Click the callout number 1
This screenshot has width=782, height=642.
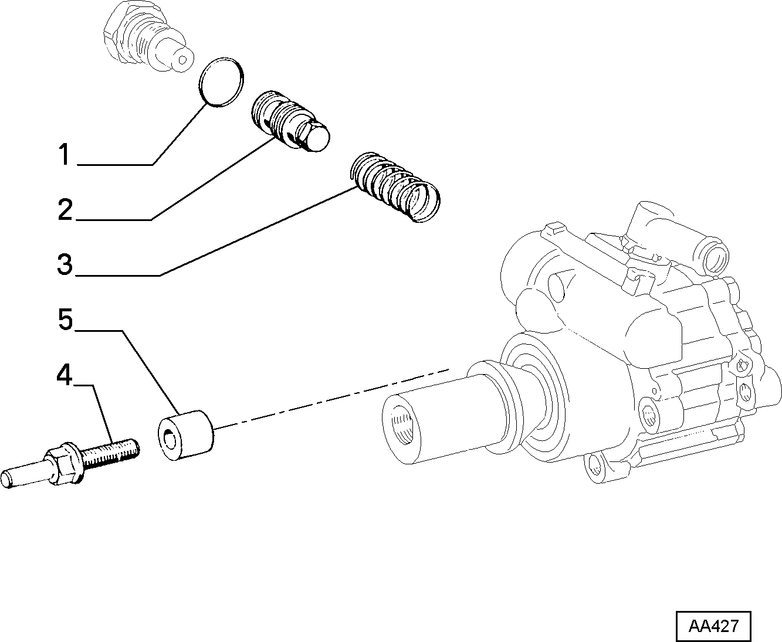(x=64, y=154)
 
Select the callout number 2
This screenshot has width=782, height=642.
(x=65, y=209)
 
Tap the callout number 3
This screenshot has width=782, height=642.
(x=65, y=264)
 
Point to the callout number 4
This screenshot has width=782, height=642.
(x=65, y=375)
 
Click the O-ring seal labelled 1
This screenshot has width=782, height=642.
(x=221, y=82)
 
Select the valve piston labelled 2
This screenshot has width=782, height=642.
(x=290, y=121)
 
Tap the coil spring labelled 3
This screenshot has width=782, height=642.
(x=395, y=187)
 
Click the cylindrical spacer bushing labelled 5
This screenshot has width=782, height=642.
(x=186, y=435)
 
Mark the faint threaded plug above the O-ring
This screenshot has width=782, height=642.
(x=148, y=37)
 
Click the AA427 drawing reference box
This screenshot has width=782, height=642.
(x=713, y=626)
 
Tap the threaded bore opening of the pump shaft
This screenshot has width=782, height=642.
(x=402, y=429)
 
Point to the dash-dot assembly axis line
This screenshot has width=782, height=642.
(x=332, y=399)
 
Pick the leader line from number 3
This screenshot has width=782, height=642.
(x=216, y=232)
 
